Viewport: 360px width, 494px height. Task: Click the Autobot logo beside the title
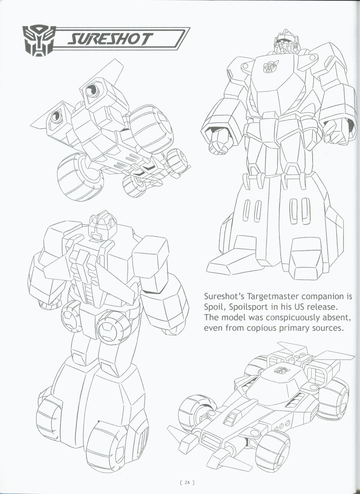point(38,41)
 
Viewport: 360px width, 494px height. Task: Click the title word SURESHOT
point(109,39)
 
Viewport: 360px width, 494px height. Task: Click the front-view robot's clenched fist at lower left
point(218,141)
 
